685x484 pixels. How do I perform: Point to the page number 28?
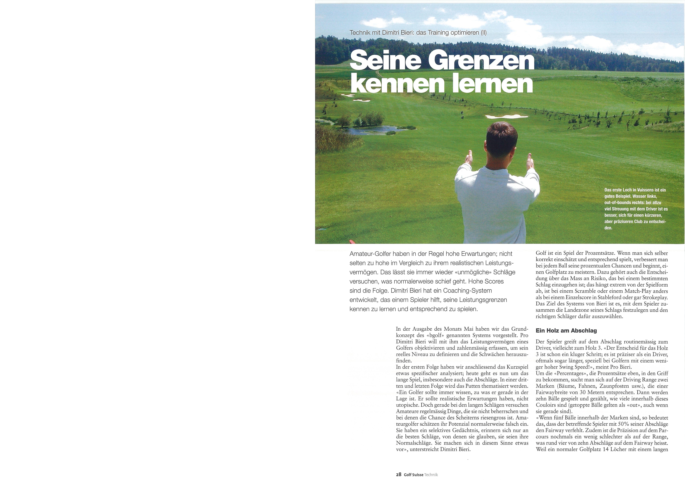coord(399,474)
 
